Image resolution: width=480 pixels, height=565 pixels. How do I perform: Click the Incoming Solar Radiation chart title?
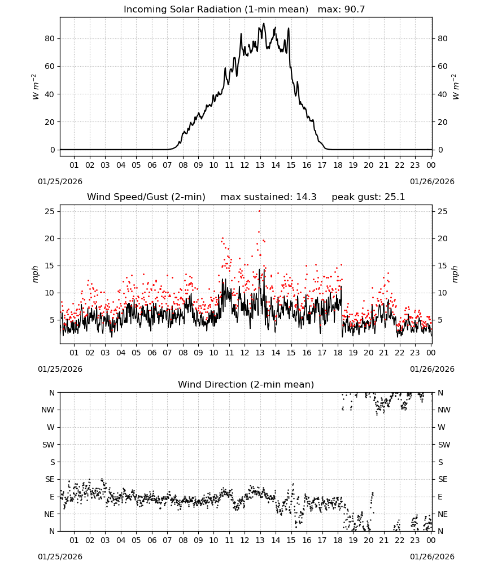click(x=216, y=9)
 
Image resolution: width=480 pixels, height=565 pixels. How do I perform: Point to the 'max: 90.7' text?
click(x=342, y=9)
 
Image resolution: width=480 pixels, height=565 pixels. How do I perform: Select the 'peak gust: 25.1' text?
click(x=368, y=197)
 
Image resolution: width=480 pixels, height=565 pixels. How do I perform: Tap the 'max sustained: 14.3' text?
click(x=269, y=197)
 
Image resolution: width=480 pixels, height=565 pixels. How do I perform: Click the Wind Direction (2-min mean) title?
click(x=246, y=384)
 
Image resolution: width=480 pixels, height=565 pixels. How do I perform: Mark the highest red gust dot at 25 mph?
click(x=259, y=211)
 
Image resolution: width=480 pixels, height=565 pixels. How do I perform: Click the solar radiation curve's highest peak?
click(x=264, y=24)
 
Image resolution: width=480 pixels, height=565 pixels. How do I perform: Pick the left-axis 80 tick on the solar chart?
click(x=50, y=38)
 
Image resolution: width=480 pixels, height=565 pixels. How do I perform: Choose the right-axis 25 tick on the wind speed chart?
click(x=443, y=211)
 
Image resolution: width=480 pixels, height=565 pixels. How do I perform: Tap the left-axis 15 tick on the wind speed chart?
click(x=50, y=266)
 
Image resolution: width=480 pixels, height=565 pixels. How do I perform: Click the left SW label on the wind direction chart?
click(x=49, y=445)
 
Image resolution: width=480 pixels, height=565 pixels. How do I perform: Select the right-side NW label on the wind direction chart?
click(x=444, y=410)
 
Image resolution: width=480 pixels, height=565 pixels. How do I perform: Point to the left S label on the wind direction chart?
click(x=52, y=462)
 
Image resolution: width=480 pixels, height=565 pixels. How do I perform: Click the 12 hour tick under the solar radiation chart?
click(x=245, y=165)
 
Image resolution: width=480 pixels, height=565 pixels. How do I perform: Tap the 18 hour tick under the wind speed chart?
click(x=338, y=353)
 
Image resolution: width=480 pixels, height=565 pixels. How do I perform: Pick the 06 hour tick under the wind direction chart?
click(x=152, y=540)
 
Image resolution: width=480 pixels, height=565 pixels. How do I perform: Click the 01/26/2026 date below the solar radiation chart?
click(x=432, y=181)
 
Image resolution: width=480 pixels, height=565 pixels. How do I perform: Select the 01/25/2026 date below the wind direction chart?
click(x=60, y=557)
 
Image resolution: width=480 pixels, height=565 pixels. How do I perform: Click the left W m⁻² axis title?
click(x=35, y=87)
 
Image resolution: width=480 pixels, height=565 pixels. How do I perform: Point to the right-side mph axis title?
click(x=455, y=274)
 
